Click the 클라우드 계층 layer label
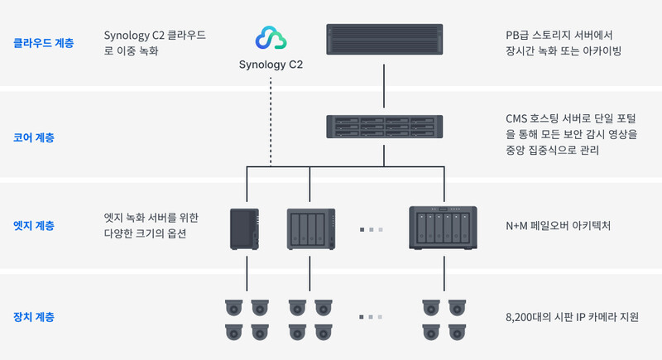click(x=43, y=43)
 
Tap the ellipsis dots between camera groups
click(x=371, y=317)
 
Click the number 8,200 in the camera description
click(x=520, y=317)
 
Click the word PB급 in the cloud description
click(x=518, y=36)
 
